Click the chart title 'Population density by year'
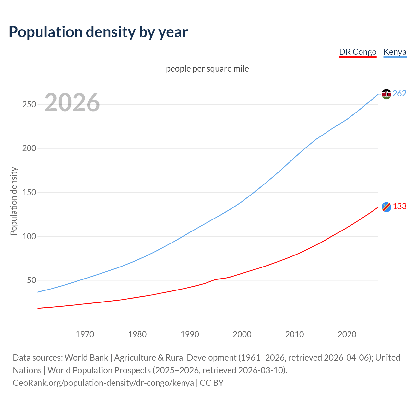coord(98,32)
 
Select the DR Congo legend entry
coord(358,52)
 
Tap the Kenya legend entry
coord(395,52)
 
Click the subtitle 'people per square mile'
coord(207,69)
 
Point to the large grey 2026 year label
coord(72,102)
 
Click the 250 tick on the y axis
coord(29,104)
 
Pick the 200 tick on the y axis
coord(29,148)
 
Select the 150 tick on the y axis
coord(29,192)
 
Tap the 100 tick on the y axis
coord(29,236)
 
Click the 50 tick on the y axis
coord(31,280)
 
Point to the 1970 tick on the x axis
coord(85,334)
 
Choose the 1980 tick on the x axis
coord(137,334)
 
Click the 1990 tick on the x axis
coord(190,334)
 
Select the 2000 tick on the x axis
coord(242,334)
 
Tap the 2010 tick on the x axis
coord(294,334)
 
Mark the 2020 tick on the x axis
coord(347,334)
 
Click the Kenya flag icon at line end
coord(386,94)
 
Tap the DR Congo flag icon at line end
coord(386,207)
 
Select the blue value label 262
coord(399,94)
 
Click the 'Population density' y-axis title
coord(14,201)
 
